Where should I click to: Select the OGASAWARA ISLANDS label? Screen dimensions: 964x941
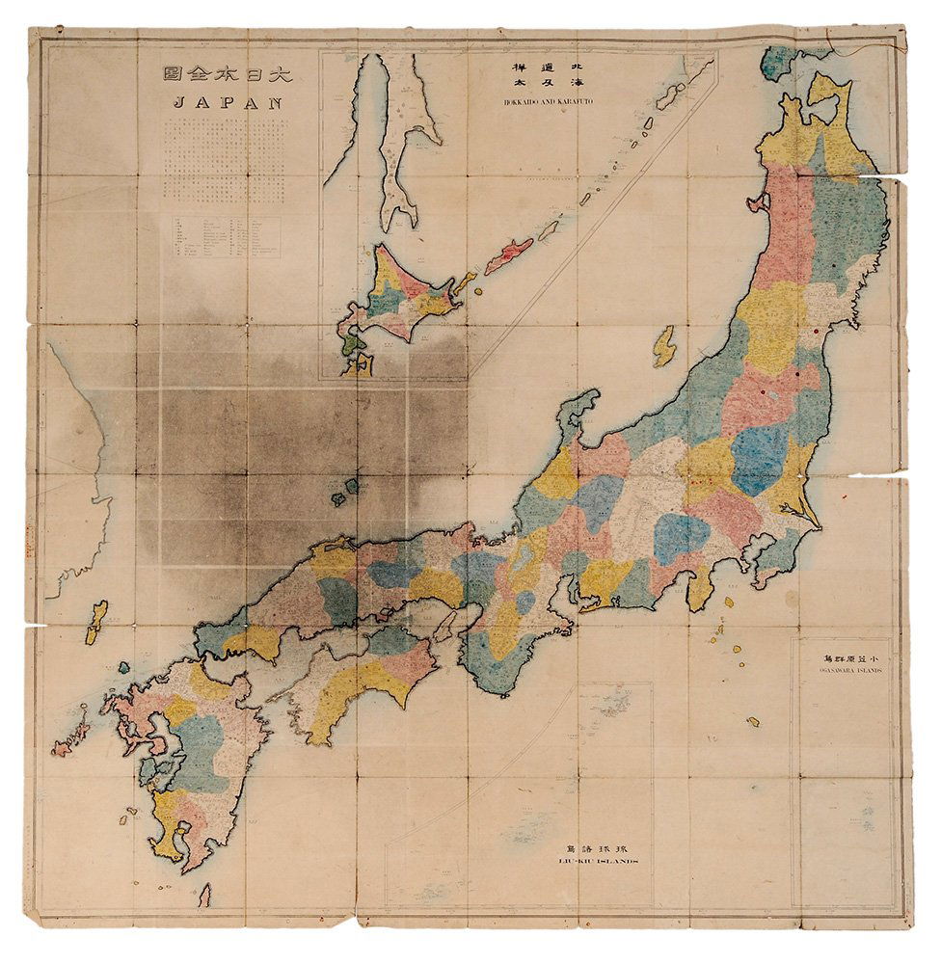click(835, 669)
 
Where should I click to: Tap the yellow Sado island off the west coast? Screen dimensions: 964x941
click(663, 346)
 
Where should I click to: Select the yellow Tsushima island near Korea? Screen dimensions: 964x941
click(97, 622)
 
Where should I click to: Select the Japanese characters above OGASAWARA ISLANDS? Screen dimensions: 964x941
click(835, 653)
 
